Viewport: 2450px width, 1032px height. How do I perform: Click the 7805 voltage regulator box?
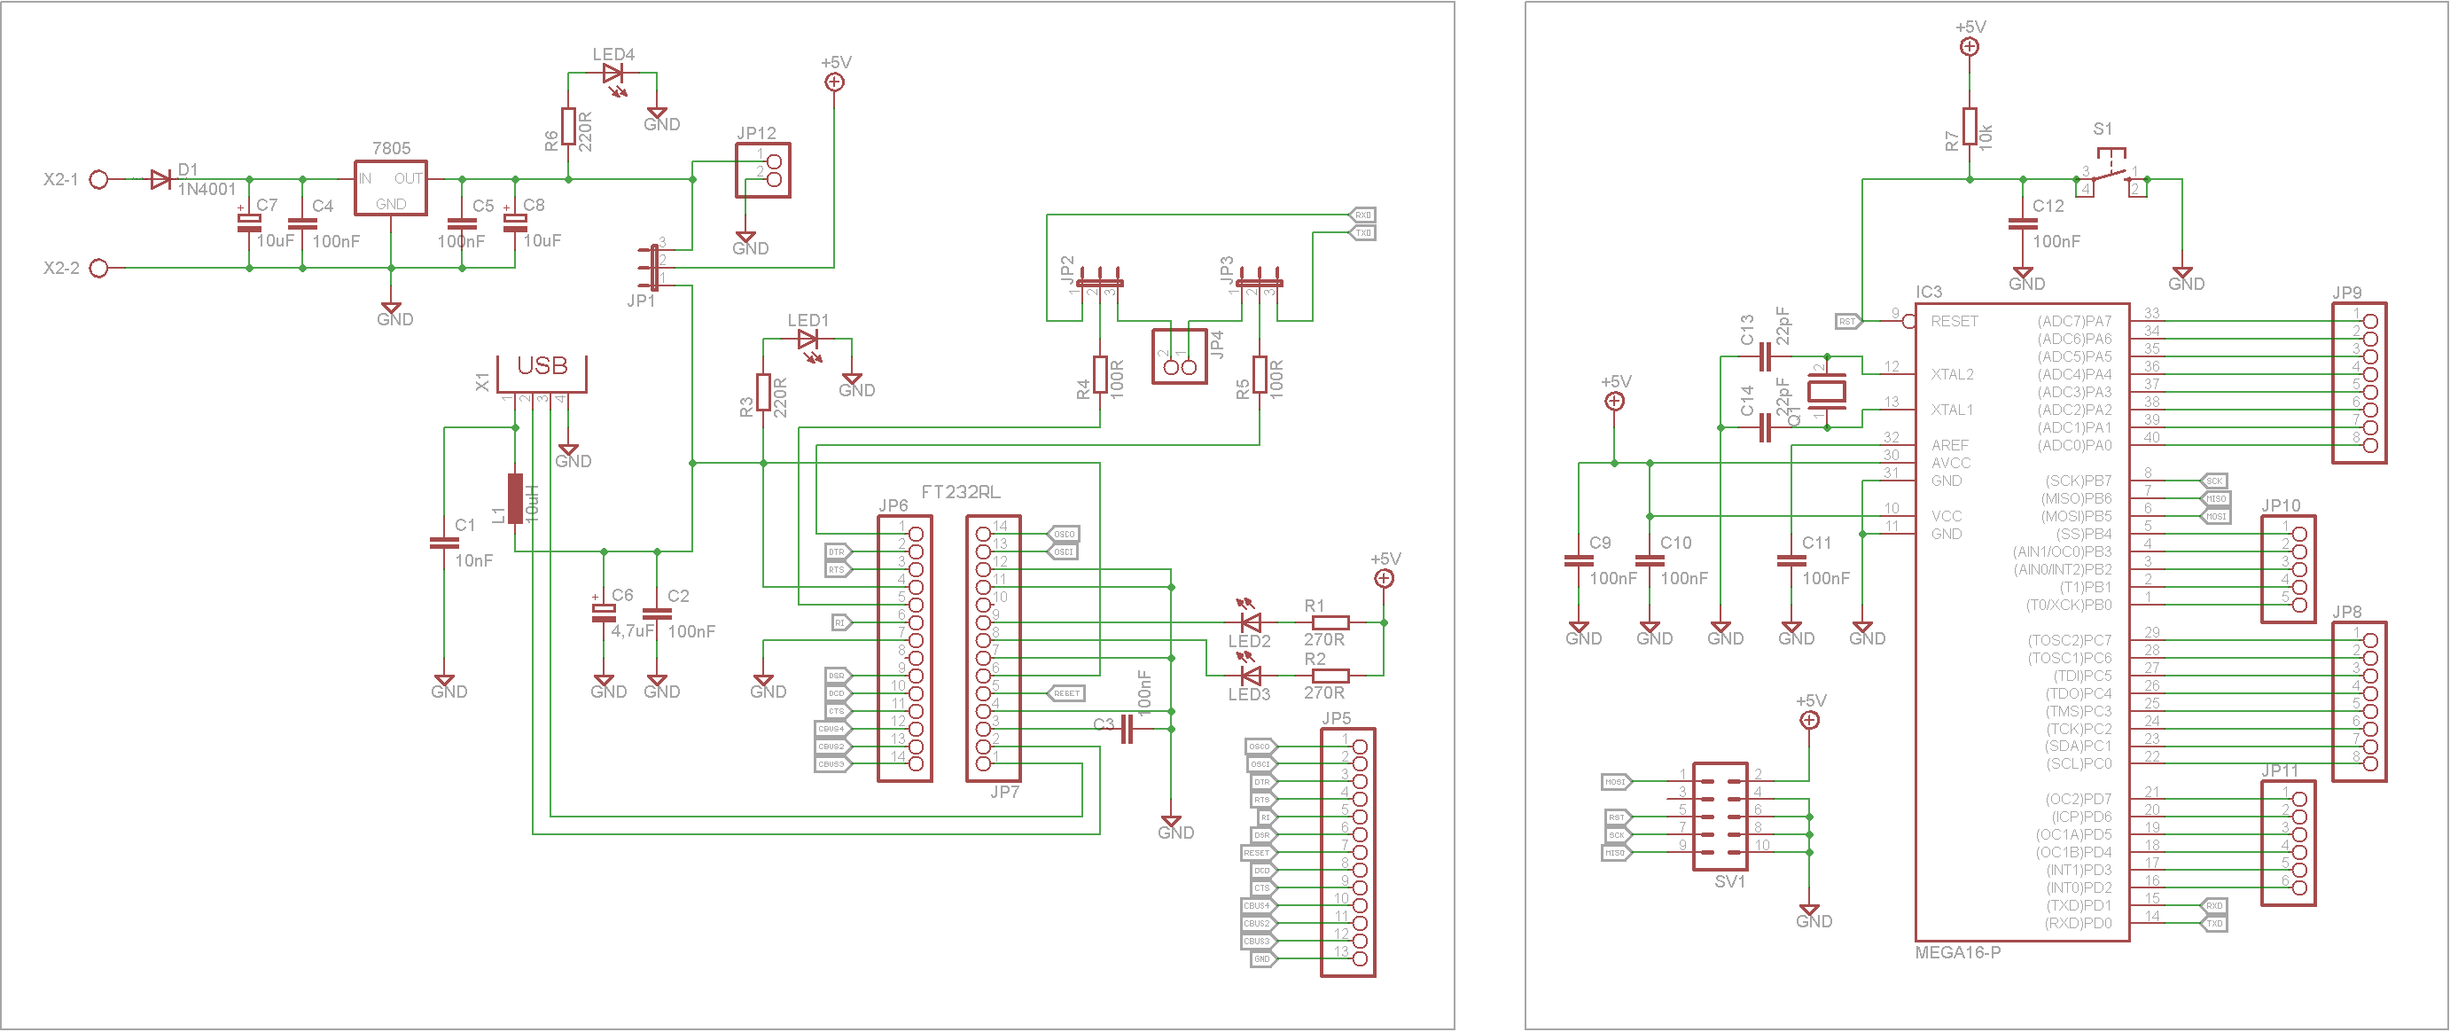tap(390, 187)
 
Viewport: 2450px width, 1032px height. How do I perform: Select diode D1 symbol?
tap(160, 179)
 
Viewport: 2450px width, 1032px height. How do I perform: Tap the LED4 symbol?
tap(612, 74)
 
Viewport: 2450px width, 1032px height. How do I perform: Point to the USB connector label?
tap(542, 366)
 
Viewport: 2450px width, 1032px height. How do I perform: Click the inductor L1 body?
tap(514, 498)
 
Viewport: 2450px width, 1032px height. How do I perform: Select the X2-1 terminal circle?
tap(98, 179)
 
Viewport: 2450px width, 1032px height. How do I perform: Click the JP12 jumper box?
tap(763, 170)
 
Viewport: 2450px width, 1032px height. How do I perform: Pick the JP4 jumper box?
tap(1179, 356)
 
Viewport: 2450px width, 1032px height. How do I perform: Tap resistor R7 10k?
tap(1970, 128)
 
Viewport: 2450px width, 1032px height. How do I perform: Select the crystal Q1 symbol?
tap(1826, 391)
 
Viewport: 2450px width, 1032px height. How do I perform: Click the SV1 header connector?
tap(1720, 816)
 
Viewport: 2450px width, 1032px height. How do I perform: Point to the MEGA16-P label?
tap(1957, 953)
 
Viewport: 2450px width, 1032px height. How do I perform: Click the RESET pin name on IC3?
tap(1954, 322)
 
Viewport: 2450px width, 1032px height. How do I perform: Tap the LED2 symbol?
tap(1251, 623)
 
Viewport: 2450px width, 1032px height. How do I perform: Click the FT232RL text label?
tap(961, 492)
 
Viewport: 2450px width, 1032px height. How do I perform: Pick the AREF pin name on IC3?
tap(1950, 445)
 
